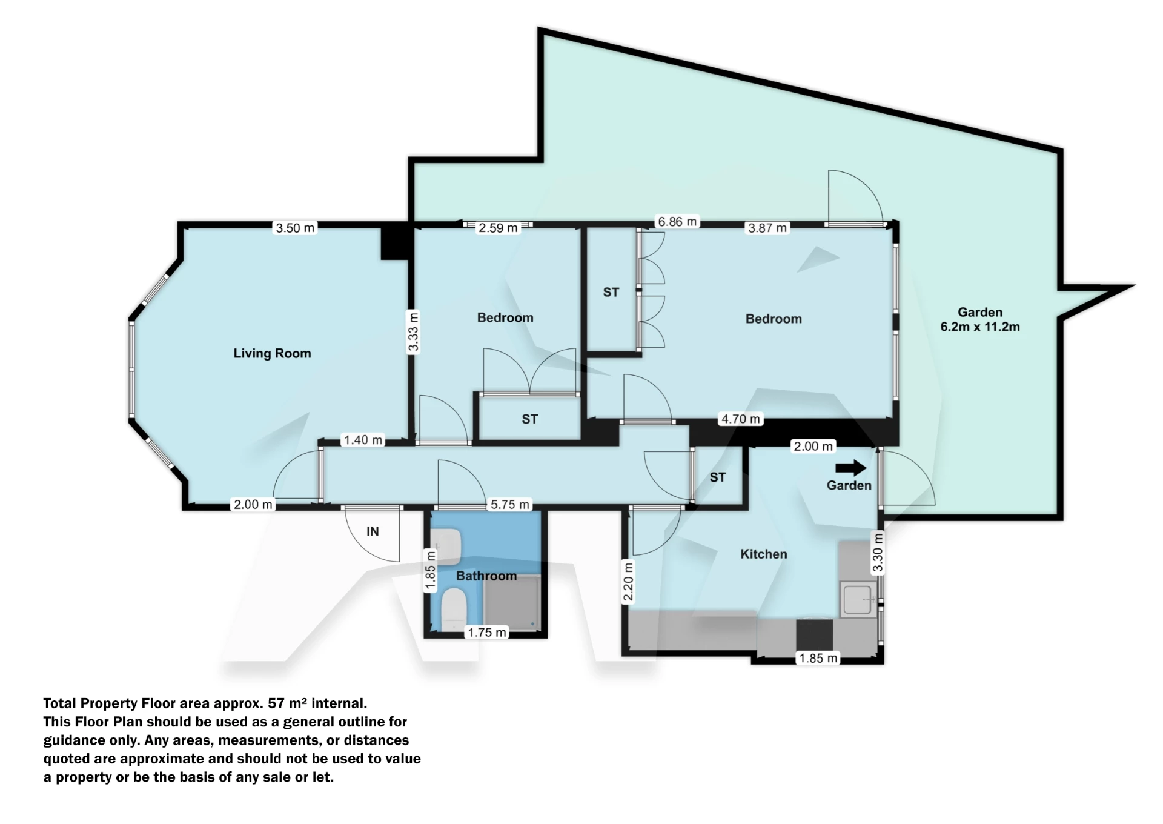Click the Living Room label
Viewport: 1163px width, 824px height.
pos(272,353)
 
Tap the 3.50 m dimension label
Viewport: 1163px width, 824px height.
pos(295,228)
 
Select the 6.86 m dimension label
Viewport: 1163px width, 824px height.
pos(677,222)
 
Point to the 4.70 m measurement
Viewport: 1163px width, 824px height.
pos(740,419)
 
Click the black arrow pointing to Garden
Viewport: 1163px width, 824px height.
pos(850,468)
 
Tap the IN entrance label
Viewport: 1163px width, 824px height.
pos(373,531)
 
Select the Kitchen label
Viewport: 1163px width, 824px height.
pos(763,554)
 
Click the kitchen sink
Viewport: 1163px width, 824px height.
pos(857,599)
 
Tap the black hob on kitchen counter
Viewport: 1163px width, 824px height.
pos(814,634)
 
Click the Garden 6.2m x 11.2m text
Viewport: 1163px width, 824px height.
pos(979,319)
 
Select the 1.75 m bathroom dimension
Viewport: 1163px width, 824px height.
pos(487,633)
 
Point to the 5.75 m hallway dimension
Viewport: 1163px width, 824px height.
pos(509,504)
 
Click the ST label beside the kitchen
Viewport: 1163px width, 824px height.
pos(717,477)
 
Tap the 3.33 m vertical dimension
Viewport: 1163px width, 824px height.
pos(413,331)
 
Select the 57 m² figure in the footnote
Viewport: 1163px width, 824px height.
pos(285,703)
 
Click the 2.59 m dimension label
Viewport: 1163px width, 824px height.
pos(498,228)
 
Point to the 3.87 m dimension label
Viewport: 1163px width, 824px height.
pos(767,228)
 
